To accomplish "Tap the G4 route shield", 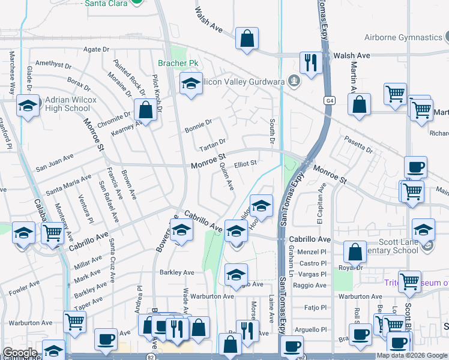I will (x=330, y=100).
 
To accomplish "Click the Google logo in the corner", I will (x=20, y=353).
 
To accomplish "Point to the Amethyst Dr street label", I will (x=53, y=63).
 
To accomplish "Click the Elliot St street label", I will (x=246, y=163).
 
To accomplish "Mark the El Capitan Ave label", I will (x=321, y=204).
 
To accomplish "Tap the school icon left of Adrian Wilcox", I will (x=27, y=106).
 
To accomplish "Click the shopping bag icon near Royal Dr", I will (x=355, y=252).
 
